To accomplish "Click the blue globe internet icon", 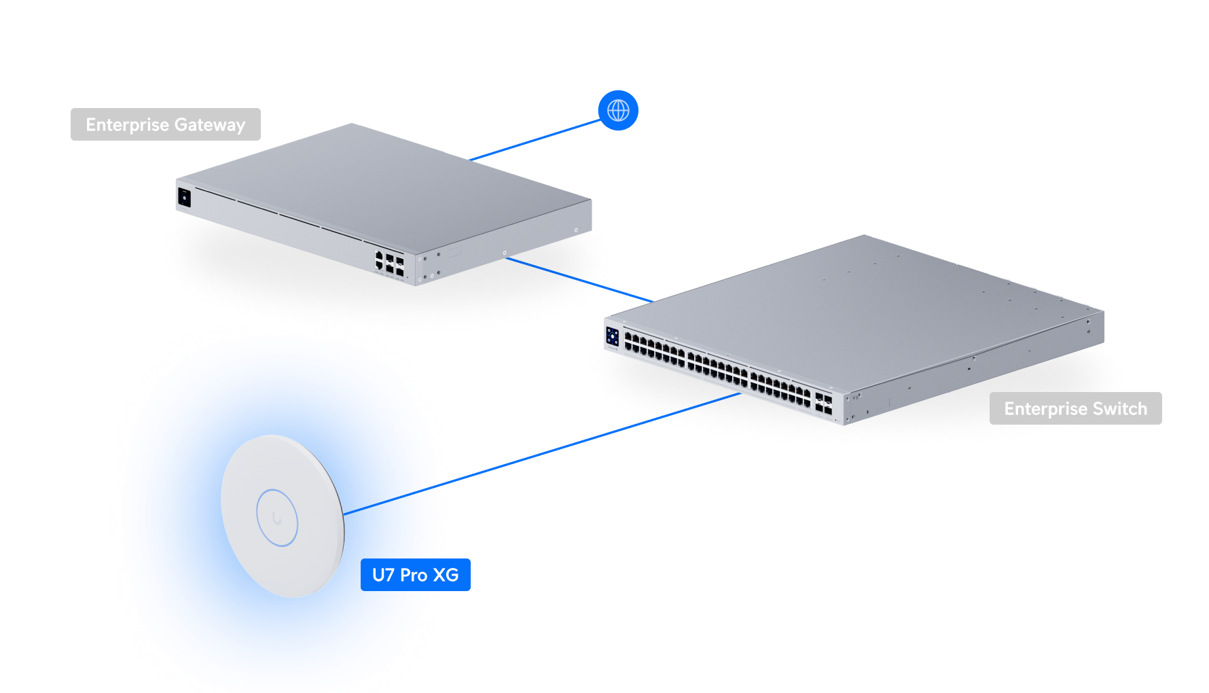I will (618, 110).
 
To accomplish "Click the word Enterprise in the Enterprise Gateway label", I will (127, 125).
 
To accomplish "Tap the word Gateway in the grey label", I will (209, 125).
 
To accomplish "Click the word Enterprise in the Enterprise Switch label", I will (1046, 409).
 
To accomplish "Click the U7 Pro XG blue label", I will (416, 575).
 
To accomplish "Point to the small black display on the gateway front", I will (184, 198).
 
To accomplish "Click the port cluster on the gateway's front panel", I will (389, 263).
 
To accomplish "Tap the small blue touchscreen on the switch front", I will (613, 336).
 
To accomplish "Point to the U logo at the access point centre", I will (276, 518).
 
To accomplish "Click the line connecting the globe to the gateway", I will (537, 140).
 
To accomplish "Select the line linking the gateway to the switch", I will (577, 279).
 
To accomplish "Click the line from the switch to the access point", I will (591, 438).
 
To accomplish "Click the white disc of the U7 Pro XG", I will (299, 476).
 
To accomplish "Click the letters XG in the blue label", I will (446, 575).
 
